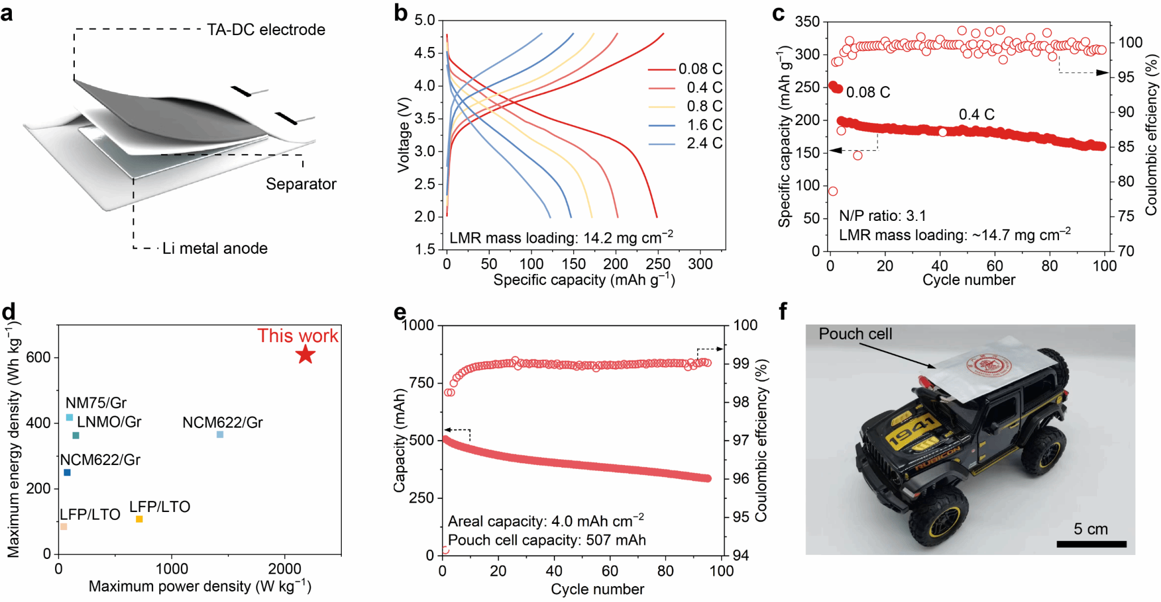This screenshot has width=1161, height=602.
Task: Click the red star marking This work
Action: pos(306,355)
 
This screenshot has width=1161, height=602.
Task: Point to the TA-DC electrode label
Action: pos(266,29)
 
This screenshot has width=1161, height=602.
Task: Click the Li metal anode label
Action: pos(215,249)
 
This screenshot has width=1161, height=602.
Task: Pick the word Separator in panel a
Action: pos(301,184)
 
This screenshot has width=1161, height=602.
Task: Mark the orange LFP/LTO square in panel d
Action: pos(139,519)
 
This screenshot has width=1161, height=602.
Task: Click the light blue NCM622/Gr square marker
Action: pos(220,435)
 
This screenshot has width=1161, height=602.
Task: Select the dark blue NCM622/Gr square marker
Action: pos(67,473)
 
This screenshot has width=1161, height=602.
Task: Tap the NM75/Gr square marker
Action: pos(70,418)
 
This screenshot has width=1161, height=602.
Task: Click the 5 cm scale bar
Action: pos(1091,544)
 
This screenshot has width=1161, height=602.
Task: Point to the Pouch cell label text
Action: pos(855,334)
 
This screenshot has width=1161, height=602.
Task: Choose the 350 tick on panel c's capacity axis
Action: pos(807,22)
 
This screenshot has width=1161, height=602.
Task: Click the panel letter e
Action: pos(400,313)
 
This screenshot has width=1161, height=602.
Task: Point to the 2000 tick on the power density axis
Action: pos(285,568)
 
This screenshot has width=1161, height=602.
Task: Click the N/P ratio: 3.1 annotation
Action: pos(882,216)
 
